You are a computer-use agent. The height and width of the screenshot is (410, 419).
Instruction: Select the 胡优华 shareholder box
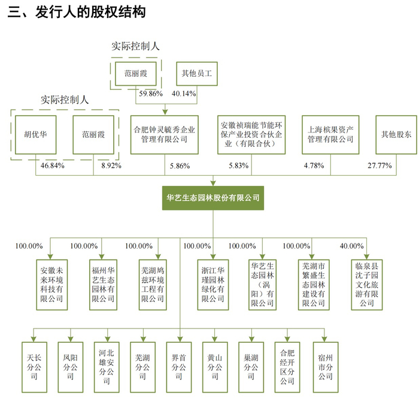coord(35,135)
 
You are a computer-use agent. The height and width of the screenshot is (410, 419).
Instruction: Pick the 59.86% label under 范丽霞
coord(151,94)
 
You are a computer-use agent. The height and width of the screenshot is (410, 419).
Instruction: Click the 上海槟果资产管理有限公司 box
coord(331,134)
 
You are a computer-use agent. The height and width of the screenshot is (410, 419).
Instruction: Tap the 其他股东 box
coord(397,134)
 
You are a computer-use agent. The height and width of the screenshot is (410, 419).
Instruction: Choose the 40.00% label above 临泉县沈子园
coord(351,246)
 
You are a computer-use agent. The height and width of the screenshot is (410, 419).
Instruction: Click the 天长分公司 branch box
coord(34,363)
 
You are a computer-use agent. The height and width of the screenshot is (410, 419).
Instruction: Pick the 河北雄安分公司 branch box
coord(107,363)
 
